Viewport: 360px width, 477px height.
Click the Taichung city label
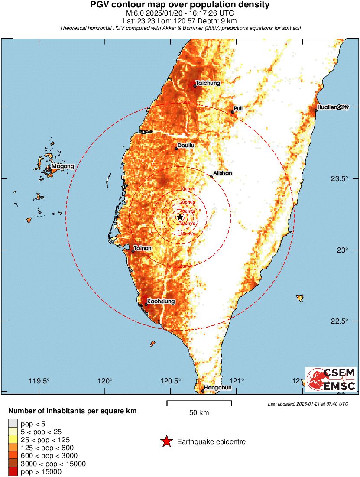(208, 83)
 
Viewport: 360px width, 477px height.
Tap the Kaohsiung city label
(161, 301)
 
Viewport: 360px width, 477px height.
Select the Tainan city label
(143, 248)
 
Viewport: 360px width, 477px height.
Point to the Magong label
(63, 166)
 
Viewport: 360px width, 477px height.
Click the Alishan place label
(223, 173)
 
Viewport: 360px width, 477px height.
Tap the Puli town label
(238, 108)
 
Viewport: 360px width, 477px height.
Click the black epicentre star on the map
(180, 217)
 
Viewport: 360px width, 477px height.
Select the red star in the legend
(166, 442)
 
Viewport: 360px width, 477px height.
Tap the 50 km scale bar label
(199, 413)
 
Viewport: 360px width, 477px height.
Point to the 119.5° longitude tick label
(39, 381)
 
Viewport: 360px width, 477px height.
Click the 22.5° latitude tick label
(338, 321)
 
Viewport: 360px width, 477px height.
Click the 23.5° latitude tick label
(338, 178)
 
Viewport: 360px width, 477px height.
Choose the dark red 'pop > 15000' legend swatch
(13, 471)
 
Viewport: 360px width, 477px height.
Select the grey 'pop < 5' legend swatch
(13, 423)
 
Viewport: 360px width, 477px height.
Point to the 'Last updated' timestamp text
(308, 404)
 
